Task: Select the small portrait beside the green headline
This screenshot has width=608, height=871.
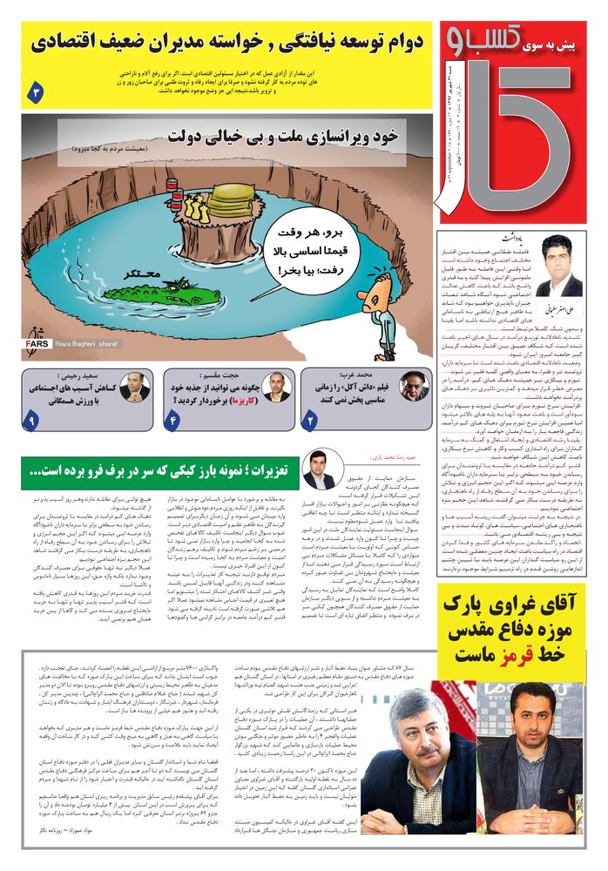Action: tap(319, 469)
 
